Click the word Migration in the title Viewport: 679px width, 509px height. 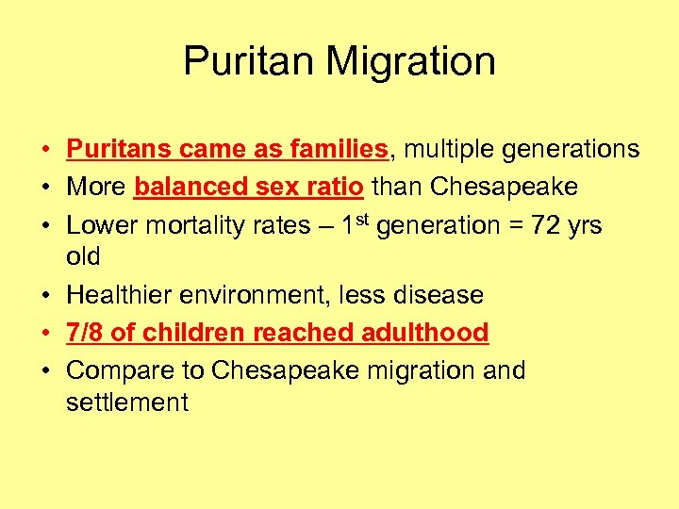[x=410, y=62]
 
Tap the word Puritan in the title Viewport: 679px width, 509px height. [x=248, y=62]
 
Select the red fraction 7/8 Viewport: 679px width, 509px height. [x=86, y=333]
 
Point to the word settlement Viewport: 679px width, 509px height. [x=127, y=402]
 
